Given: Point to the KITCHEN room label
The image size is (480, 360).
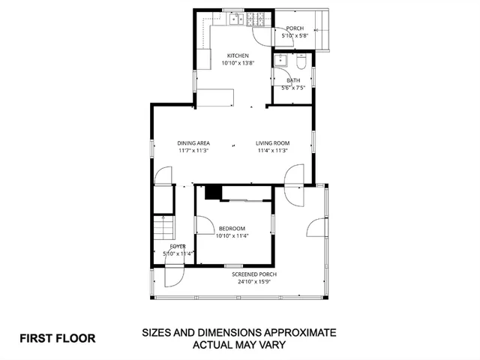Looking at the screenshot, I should (238, 55).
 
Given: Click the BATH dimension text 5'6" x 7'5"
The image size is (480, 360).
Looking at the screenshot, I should (293, 88).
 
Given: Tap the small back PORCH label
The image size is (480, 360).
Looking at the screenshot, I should (294, 28).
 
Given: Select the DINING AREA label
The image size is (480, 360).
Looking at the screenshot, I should (193, 143).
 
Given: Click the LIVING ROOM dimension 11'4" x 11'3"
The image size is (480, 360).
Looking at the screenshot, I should (273, 151).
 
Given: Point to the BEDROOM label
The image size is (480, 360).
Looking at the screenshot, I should (232, 229).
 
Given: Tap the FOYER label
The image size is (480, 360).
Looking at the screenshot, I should (178, 246).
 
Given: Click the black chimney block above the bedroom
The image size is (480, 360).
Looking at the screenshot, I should (213, 193).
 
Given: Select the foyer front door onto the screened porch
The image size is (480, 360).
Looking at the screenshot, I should (172, 277).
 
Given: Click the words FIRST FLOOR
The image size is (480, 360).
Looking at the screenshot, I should (58, 338).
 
